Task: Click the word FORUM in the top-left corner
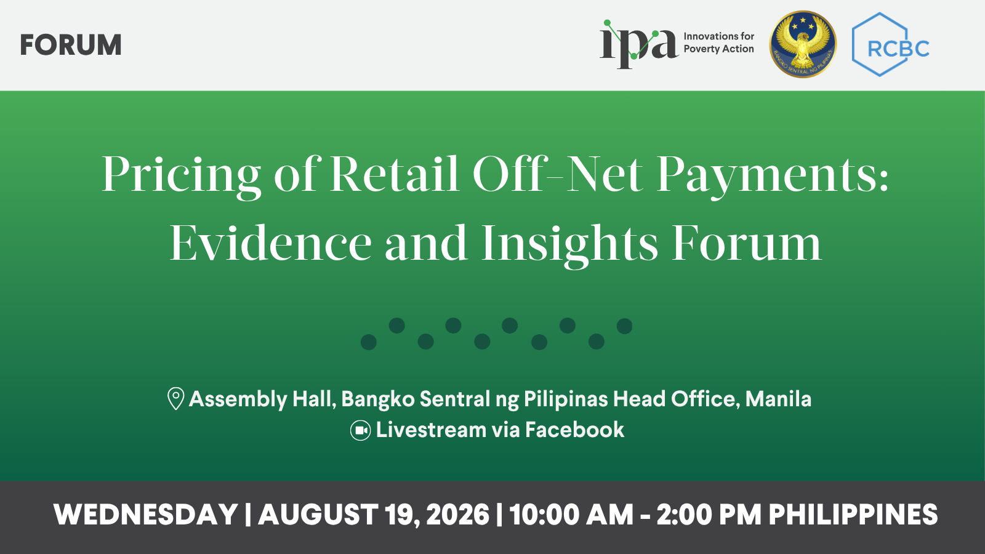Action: (71, 45)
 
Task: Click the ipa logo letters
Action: (638, 44)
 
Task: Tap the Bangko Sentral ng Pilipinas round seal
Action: (803, 44)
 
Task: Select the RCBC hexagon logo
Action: (890, 44)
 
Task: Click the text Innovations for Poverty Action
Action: (718, 42)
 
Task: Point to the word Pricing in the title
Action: (181, 175)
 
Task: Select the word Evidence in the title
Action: (271, 243)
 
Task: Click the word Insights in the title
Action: (569, 244)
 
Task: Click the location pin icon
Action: (176, 398)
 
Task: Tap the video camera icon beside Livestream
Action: (360, 430)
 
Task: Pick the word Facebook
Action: (574, 430)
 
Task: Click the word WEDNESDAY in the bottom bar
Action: (145, 514)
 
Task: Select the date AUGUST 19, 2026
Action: (374, 515)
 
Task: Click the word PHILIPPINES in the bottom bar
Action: (853, 514)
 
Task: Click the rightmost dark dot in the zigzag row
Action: (624, 326)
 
